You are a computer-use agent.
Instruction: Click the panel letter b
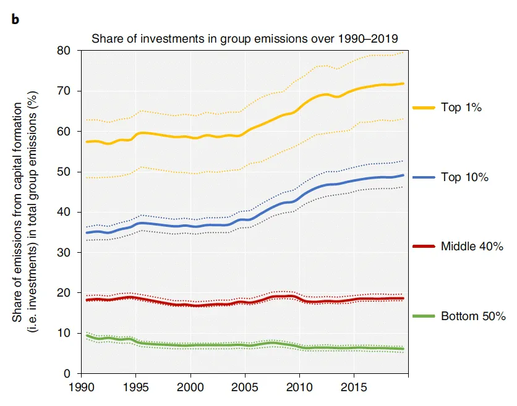15,19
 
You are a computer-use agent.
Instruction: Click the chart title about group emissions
245,38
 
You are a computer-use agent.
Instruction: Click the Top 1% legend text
461,108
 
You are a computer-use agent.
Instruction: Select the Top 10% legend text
464,177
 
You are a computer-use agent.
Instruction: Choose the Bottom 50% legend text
473,316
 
